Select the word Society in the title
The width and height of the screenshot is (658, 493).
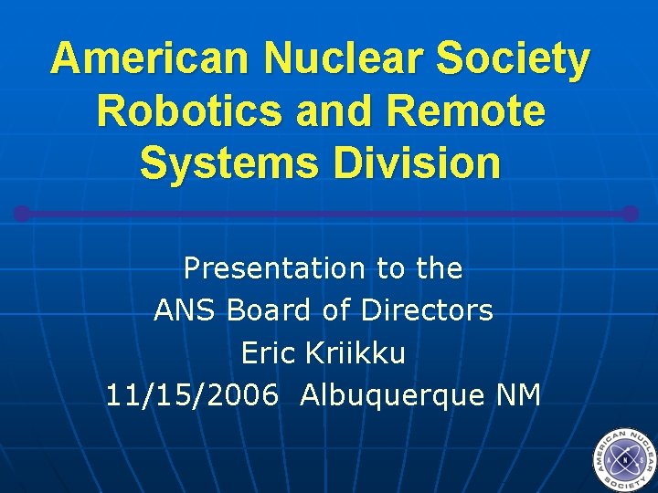click(x=514, y=58)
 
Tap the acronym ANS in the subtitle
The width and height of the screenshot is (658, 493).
click(x=185, y=310)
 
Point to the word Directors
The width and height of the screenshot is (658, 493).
click(x=427, y=310)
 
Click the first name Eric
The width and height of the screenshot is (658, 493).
click(x=268, y=352)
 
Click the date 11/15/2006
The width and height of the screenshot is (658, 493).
click(x=193, y=395)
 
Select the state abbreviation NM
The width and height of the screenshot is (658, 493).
click(x=519, y=395)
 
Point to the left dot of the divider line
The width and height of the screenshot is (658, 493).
click(x=22, y=214)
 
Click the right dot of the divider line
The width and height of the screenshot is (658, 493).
click(x=630, y=214)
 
